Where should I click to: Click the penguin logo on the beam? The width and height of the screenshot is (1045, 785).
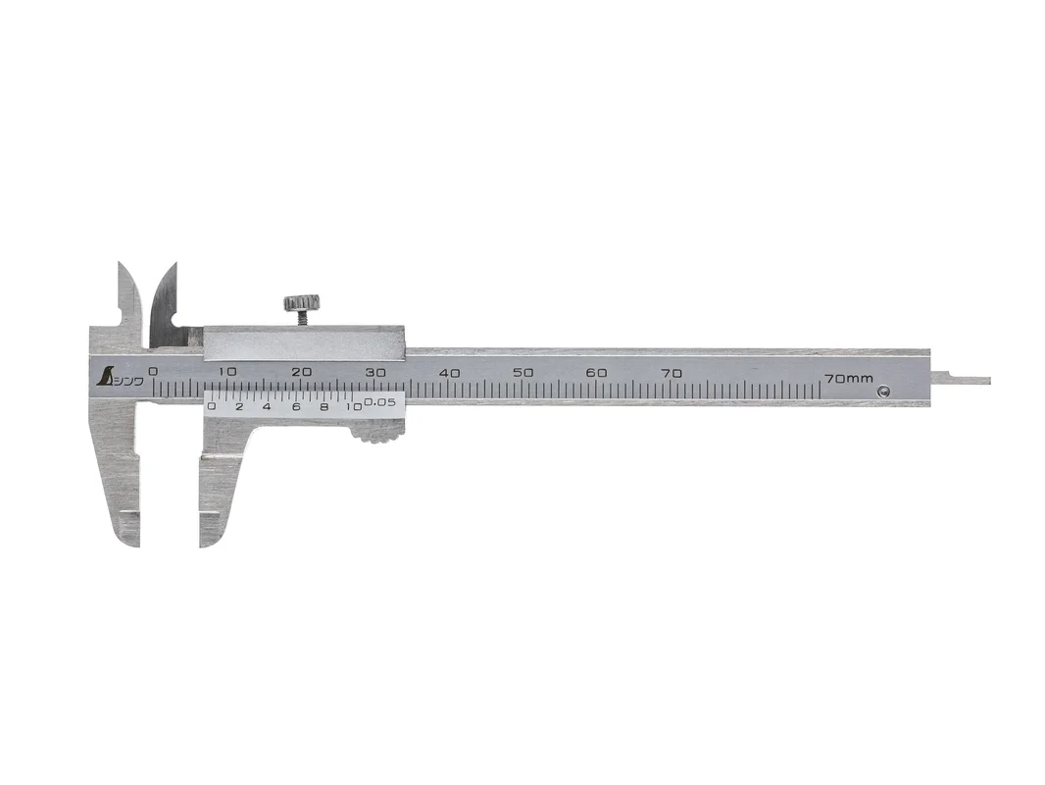pyautogui.click(x=105, y=377)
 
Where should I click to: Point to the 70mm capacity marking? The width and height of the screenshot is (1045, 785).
pyautogui.click(x=848, y=378)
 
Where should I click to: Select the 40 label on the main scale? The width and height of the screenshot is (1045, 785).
pyautogui.click(x=451, y=373)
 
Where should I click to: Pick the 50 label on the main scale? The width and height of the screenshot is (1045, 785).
pyautogui.click(x=524, y=373)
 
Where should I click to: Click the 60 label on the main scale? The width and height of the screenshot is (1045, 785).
pyautogui.click(x=597, y=373)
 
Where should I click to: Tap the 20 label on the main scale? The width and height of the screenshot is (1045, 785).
pyautogui.click(x=303, y=372)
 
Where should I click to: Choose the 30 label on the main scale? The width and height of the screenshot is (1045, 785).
pyautogui.click(x=376, y=373)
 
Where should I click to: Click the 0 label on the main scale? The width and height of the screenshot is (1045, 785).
pyautogui.click(x=154, y=372)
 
